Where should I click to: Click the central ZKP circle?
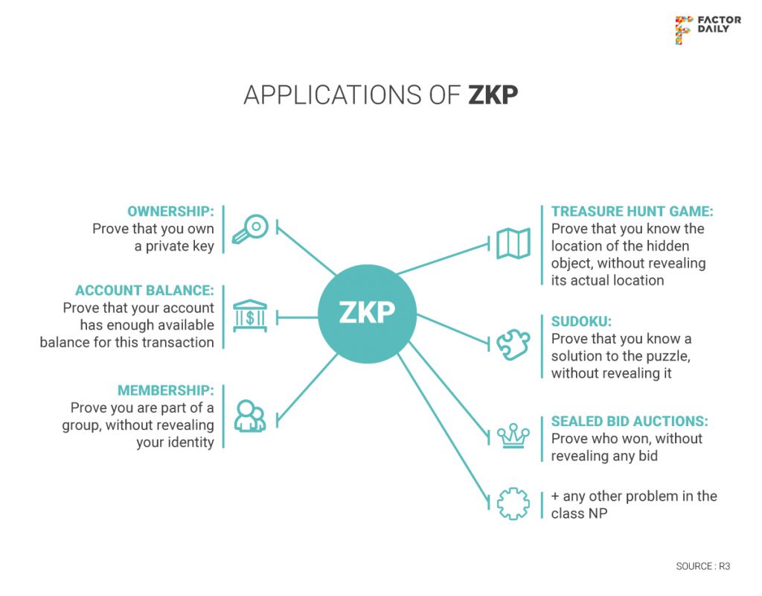pos(367,314)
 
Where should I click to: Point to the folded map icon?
pos(513,244)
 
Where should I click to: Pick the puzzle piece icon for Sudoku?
pos(513,345)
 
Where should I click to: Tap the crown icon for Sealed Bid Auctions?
pos(513,436)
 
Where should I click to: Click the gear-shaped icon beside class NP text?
pos(513,504)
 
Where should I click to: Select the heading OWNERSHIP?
pos(170,212)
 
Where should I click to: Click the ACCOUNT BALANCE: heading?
pos(144,291)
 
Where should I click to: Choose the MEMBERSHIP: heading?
pos(165,390)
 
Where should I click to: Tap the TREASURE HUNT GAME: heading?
pos(632,212)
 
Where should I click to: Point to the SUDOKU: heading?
pos(581,322)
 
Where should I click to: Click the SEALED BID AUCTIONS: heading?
pos(630,422)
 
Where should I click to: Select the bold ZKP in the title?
pos(493,95)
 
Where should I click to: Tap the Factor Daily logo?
pos(707,29)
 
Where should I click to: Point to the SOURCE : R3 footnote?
pos(702,566)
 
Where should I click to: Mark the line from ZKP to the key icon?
pos(307,249)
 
